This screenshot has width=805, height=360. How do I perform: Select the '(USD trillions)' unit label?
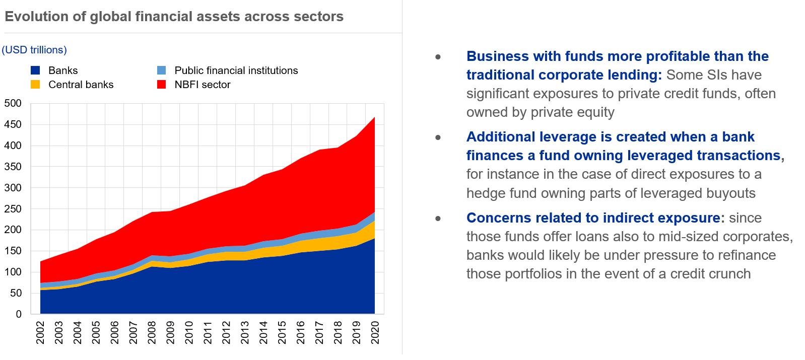(x=34, y=50)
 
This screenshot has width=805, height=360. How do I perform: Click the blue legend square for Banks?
(x=35, y=70)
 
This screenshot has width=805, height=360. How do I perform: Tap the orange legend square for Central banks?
(x=35, y=85)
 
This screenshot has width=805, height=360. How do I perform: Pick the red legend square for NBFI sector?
(x=161, y=85)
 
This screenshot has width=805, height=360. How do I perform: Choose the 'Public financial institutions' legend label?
(x=236, y=70)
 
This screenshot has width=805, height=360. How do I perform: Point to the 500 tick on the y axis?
(x=13, y=104)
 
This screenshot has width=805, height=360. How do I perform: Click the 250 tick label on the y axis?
(x=13, y=209)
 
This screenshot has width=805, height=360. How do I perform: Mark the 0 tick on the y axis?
(x=19, y=314)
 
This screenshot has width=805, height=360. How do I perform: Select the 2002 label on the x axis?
(x=40, y=333)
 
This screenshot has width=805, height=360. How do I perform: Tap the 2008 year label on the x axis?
(x=152, y=333)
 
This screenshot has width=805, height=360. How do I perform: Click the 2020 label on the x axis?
(x=375, y=333)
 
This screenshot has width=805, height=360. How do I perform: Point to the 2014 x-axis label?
(x=263, y=333)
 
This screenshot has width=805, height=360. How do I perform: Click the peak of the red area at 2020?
(x=374, y=118)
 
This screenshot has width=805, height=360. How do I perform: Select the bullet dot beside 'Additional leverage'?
(x=438, y=137)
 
